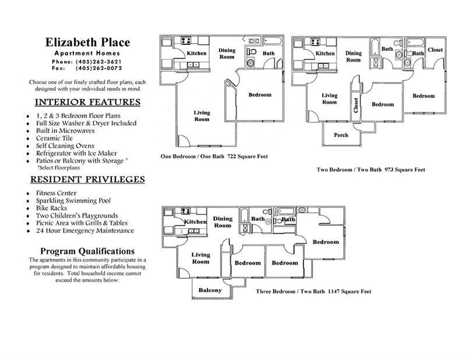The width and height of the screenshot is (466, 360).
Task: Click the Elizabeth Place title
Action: point(87,43)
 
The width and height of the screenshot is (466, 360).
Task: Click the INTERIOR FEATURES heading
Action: point(87,103)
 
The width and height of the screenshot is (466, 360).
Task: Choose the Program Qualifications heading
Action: point(87,251)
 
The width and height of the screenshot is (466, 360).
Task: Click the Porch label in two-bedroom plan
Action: point(341,135)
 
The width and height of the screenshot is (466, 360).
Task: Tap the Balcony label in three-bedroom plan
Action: point(210,290)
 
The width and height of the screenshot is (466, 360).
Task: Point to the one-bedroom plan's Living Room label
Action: point(202,115)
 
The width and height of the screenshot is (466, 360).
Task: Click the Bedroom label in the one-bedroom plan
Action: point(260,95)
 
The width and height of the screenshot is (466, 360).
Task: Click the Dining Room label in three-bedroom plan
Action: point(223,222)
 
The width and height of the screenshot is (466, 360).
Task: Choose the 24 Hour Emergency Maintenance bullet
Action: point(84,231)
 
